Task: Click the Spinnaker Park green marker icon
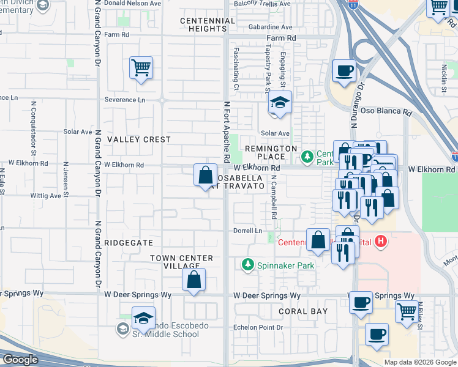tap(248, 265)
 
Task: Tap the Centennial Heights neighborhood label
tap(208, 24)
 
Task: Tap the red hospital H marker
tap(381, 242)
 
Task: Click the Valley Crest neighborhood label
tap(139, 139)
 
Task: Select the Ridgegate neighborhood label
tap(129, 242)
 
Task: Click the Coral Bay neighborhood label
tap(303, 311)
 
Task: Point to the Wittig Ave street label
tap(46, 196)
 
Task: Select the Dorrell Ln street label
tap(247, 231)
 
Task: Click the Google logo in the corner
tap(21, 360)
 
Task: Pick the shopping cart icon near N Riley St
tap(406, 311)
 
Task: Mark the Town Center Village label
tap(182, 262)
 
